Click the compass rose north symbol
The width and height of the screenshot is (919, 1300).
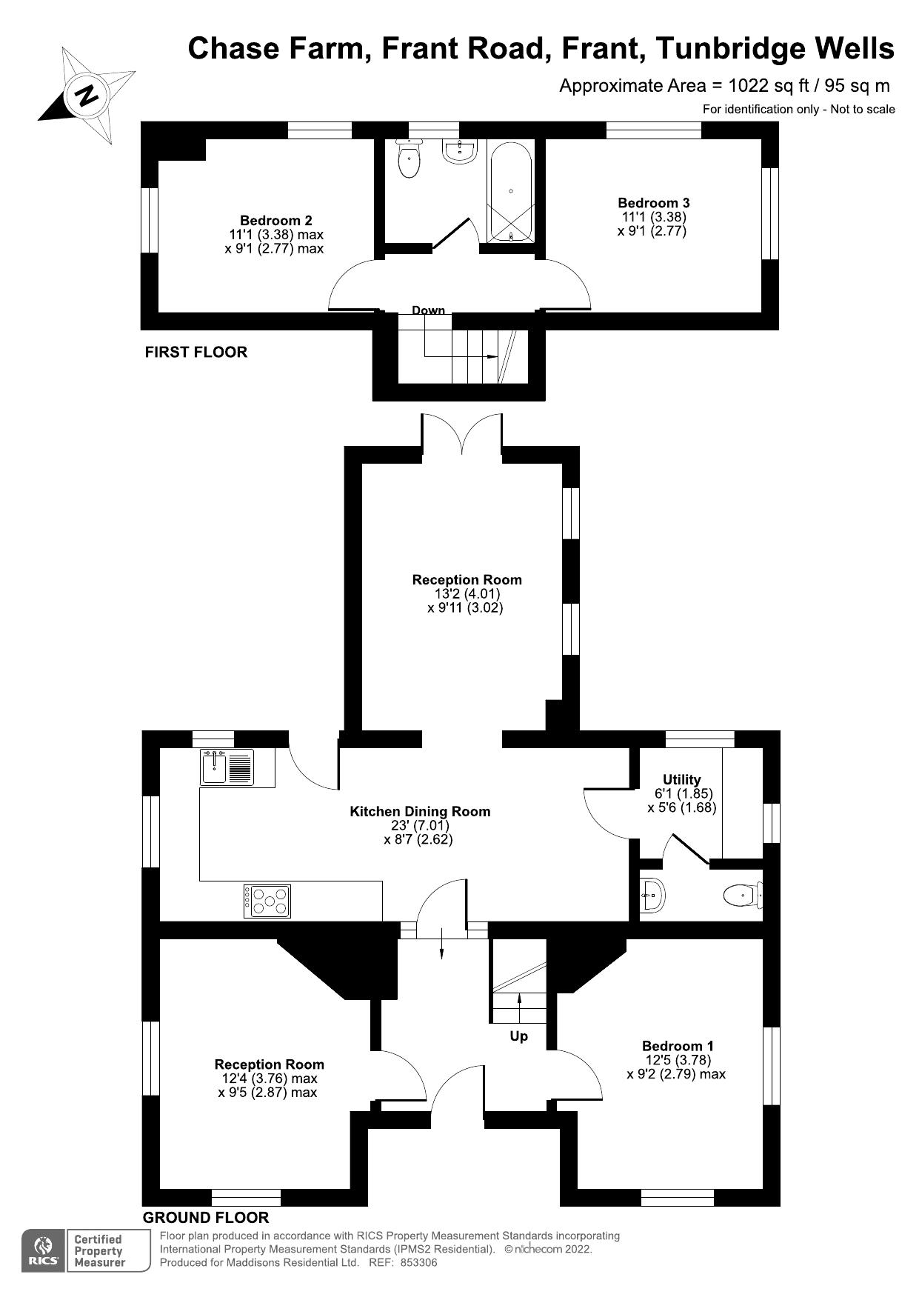pos(87,96)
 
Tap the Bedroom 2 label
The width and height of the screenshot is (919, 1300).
pos(275,220)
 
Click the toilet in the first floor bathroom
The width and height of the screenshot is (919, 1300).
pos(409,161)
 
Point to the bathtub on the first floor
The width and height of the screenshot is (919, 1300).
pos(510,190)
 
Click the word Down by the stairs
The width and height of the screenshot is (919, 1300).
pos(428,310)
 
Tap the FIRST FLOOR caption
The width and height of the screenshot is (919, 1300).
pos(196,352)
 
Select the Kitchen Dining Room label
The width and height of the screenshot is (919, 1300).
pos(420,811)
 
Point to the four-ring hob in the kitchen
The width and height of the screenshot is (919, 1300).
pos(267,901)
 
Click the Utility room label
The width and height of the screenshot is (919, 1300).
pos(681,779)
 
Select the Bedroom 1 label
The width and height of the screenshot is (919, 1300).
pos(678,1046)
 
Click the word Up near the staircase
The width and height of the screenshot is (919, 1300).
pos(518,1036)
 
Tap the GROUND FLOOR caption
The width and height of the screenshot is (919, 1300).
pos(206,1218)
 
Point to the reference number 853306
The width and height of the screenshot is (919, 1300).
pos(418,1262)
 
